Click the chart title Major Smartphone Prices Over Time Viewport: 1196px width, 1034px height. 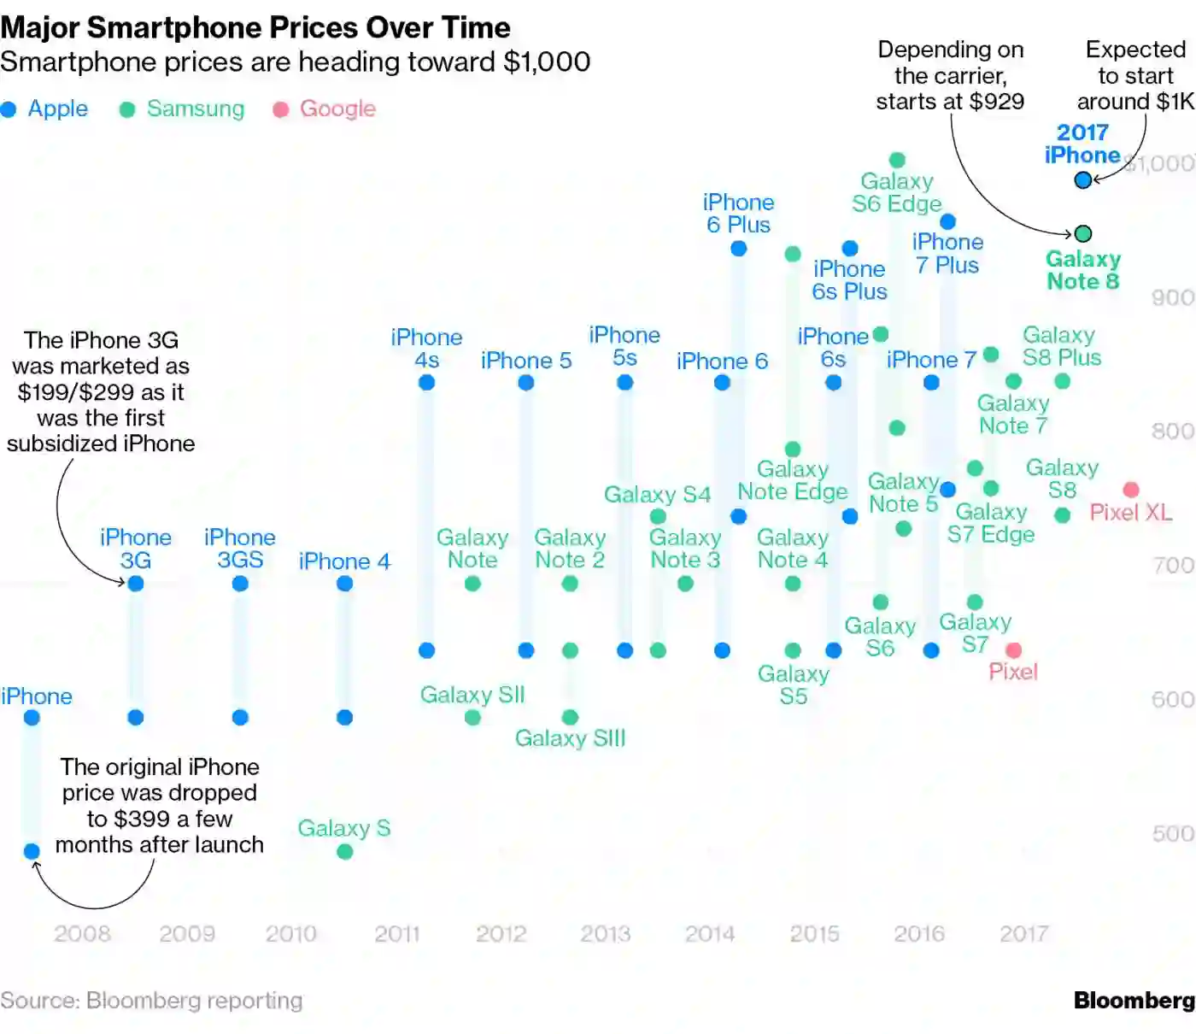tap(255, 27)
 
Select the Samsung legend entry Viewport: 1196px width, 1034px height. tap(182, 109)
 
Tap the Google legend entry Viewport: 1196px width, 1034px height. tap(325, 109)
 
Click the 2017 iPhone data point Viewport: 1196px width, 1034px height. tap(1083, 180)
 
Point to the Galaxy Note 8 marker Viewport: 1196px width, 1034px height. tap(1083, 233)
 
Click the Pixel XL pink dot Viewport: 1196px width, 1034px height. tap(1131, 490)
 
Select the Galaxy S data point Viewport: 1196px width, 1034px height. tap(345, 851)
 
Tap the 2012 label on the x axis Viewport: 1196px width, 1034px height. tap(501, 934)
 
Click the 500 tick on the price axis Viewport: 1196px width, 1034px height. tap(1172, 833)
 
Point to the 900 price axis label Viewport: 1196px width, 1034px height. tap(1172, 297)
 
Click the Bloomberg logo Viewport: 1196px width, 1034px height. tap(1134, 1001)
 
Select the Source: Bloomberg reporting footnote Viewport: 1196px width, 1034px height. tap(151, 1001)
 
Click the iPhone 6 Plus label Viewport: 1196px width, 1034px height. tap(738, 214)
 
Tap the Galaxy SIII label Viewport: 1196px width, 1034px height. tap(570, 738)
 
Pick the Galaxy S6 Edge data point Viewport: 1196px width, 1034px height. tap(897, 160)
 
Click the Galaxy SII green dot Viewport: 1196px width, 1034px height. tap(472, 717)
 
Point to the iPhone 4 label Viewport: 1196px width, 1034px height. tap(344, 561)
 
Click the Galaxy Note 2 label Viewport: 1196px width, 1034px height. tap(570, 549)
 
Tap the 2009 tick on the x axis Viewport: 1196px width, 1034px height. tap(187, 934)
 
